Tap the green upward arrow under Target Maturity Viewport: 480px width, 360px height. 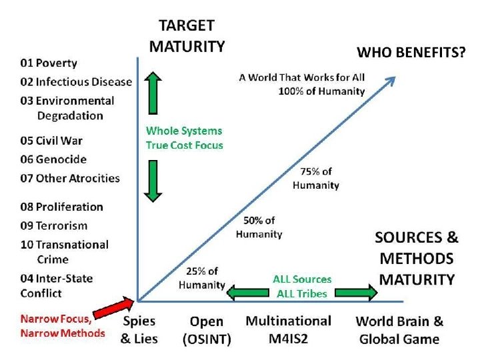(x=153, y=94)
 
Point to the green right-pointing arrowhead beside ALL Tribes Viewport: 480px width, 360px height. (x=366, y=291)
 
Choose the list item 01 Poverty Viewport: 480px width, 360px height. (x=49, y=63)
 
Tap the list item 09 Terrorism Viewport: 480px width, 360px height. (x=54, y=226)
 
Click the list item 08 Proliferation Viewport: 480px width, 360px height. (x=61, y=207)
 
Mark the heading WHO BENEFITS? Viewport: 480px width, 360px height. (x=411, y=52)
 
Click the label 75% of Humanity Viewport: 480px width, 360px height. (x=316, y=179)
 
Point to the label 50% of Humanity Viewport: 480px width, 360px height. (x=259, y=227)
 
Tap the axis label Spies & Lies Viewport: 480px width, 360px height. (x=139, y=330)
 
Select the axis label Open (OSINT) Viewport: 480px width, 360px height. (x=207, y=331)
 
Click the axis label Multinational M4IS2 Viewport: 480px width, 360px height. (x=288, y=330)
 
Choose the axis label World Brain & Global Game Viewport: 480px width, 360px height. (x=399, y=330)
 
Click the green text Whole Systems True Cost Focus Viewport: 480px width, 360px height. (x=185, y=138)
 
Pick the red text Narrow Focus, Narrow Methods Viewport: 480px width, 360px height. (x=63, y=326)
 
